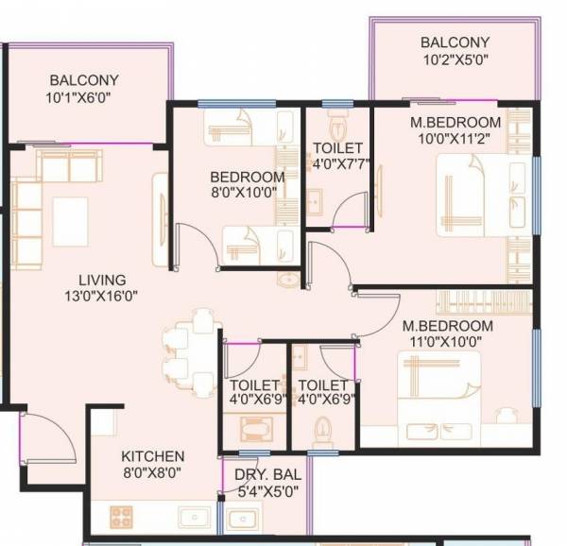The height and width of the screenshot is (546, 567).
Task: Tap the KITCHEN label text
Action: pos(152,455)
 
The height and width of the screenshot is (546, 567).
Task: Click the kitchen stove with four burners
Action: pos(122,516)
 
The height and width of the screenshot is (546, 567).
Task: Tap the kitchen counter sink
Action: pos(194,517)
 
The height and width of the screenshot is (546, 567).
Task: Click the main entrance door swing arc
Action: pos(43,430)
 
